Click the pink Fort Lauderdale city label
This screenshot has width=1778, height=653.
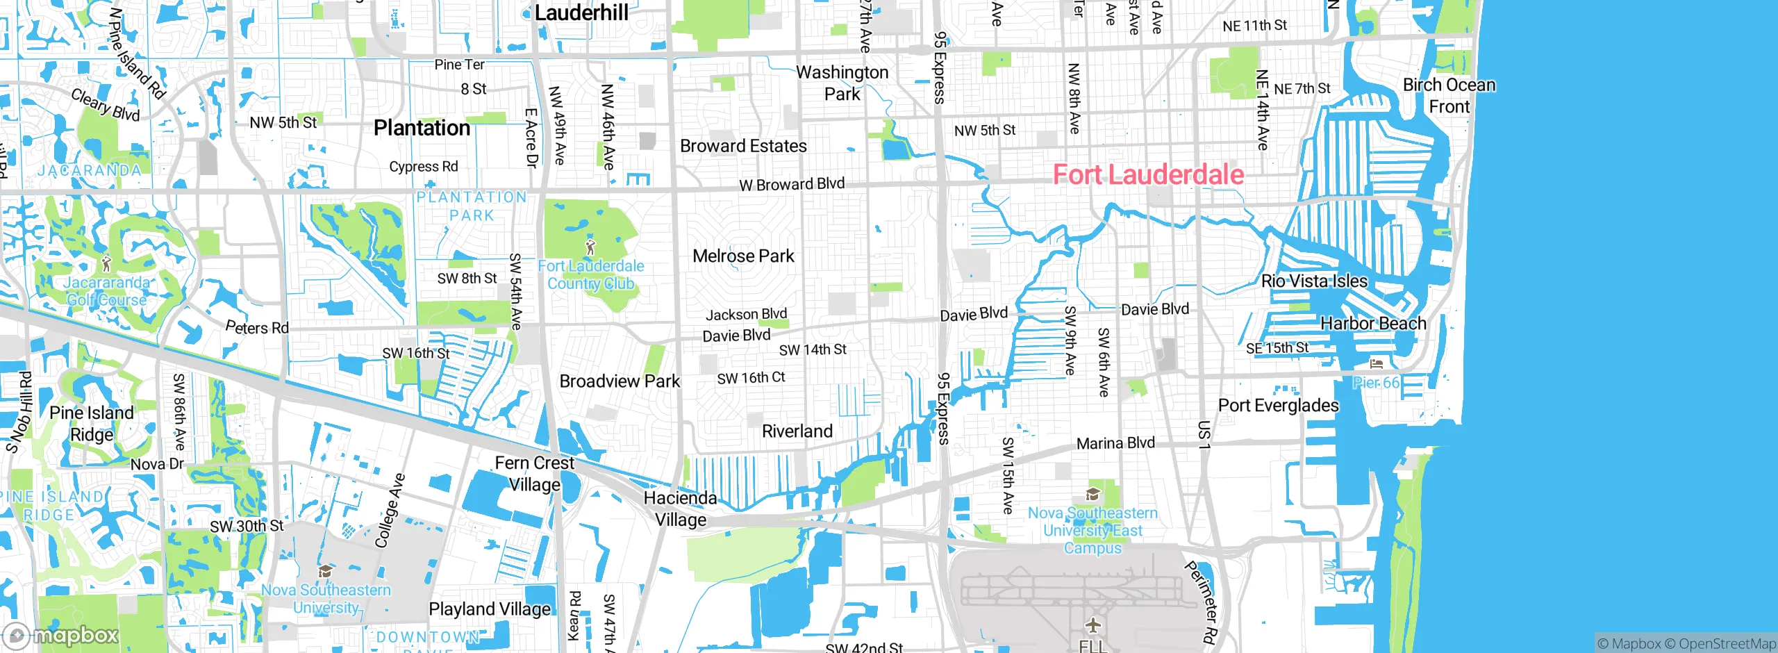[1148, 174]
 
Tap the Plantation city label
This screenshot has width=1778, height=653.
[422, 128]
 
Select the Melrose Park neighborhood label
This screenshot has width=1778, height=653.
[743, 256]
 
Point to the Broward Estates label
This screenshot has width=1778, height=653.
[743, 146]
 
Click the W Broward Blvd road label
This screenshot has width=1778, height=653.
[792, 184]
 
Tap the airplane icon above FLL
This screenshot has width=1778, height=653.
[1093, 625]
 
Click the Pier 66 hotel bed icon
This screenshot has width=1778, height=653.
[1376, 363]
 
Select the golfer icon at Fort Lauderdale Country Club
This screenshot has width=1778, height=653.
[590, 247]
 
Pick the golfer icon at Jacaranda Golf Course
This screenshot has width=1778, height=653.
[106, 263]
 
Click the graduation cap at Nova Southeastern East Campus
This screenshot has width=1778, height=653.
[1092, 495]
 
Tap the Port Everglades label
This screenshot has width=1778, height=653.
[1278, 405]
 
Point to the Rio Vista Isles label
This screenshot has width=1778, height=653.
[1314, 281]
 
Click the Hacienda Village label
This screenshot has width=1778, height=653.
[680, 509]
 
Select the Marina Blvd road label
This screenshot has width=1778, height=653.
[1115, 443]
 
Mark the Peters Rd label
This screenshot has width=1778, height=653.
[257, 327]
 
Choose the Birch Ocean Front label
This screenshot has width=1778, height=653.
[1449, 96]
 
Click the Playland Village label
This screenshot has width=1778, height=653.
[490, 609]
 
